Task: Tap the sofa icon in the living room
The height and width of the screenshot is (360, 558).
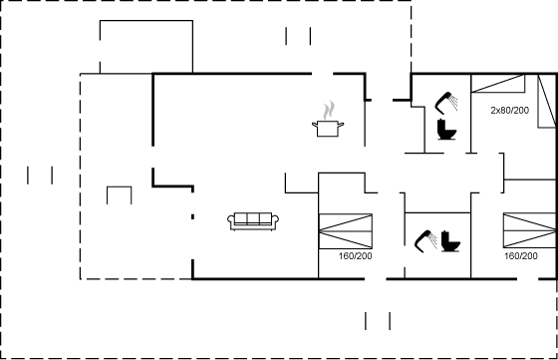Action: click(253, 221)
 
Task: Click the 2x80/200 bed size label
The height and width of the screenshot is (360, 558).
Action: click(509, 111)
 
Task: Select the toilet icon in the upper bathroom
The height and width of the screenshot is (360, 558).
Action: click(447, 130)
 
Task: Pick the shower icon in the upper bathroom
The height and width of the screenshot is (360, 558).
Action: click(446, 103)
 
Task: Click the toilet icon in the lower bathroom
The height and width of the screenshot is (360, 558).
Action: click(450, 241)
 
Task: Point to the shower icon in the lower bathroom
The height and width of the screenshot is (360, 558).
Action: click(426, 241)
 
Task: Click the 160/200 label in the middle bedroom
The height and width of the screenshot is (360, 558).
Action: click(355, 256)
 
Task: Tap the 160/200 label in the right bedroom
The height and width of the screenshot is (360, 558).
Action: click(520, 256)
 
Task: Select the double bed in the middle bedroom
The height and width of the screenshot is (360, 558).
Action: click(346, 231)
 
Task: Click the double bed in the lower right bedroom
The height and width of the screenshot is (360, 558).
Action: click(530, 230)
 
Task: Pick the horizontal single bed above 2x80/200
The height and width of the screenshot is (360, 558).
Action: click(498, 84)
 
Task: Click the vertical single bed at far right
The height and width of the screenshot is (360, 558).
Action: click(547, 101)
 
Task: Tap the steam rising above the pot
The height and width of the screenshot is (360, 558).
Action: click(330, 111)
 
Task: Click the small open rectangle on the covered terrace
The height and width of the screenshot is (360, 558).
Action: click(120, 194)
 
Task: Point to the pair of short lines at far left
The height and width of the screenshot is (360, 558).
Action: click(40, 176)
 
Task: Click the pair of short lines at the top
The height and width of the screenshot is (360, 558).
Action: click(298, 36)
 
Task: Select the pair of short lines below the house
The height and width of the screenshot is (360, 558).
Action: click(378, 321)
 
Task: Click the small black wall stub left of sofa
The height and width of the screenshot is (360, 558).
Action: click(192, 216)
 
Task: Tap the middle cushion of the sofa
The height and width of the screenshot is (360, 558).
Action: click(253, 218)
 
